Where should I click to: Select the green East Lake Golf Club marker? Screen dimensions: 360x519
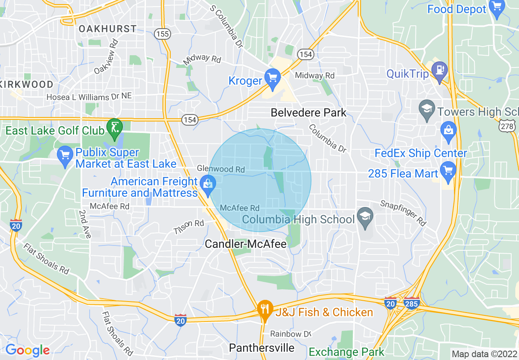(x=114, y=128)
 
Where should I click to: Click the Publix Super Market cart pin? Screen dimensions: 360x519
(x=65, y=155)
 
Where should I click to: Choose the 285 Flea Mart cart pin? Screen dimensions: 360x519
(x=449, y=171)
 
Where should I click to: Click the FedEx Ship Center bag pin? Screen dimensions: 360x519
(x=449, y=131)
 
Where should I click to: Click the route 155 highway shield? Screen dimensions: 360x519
(x=162, y=34)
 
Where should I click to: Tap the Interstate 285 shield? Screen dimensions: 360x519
(x=411, y=303)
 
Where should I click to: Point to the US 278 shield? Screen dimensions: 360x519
(x=507, y=126)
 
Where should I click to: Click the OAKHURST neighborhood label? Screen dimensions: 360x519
(x=108, y=29)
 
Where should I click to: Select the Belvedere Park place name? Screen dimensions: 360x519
(x=309, y=112)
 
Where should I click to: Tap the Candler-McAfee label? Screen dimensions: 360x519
(x=246, y=244)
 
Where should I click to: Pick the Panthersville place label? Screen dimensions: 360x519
(x=262, y=348)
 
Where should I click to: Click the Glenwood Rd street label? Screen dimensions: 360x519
(x=221, y=169)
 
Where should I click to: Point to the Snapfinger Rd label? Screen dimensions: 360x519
(x=403, y=213)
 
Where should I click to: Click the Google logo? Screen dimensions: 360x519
(x=27, y=350)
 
